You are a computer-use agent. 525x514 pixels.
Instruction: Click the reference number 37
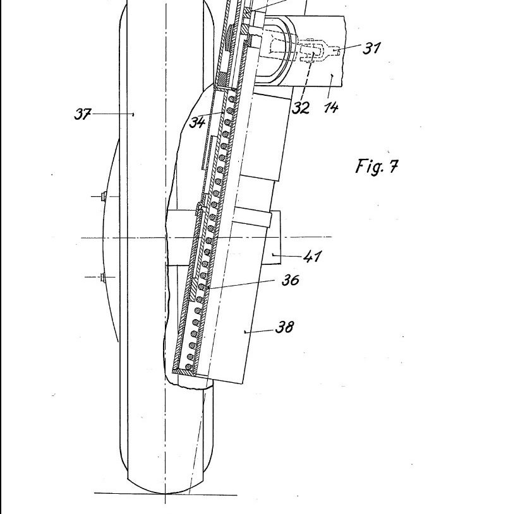coord(83,115)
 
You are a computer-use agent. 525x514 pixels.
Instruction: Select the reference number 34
coord(198,121)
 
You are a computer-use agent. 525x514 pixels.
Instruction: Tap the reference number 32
coord(301,107)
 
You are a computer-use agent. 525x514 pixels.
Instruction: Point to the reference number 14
coord(331,107)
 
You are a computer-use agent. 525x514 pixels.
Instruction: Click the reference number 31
coord(372,48)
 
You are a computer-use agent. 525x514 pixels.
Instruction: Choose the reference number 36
coord(290,279)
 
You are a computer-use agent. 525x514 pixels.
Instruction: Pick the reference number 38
coord(284,327)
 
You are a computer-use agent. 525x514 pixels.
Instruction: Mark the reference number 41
coord(313,256)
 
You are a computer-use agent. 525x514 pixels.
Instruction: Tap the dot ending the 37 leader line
coord(133,114)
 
